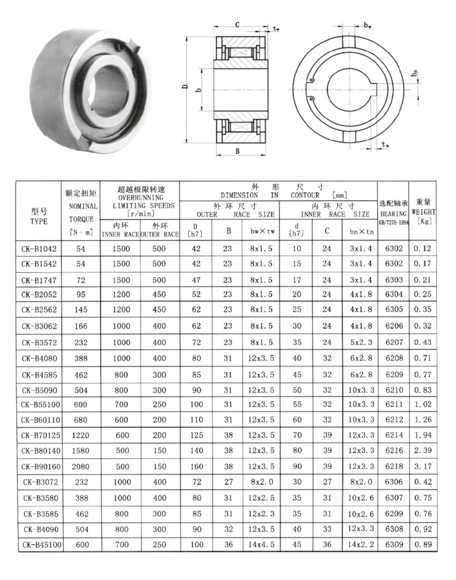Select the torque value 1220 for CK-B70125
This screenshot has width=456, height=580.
(81, 436)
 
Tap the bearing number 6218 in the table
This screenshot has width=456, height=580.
(394, 466)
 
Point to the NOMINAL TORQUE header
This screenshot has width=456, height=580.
(81, 213)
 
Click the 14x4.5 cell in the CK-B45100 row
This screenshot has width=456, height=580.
(262, 545)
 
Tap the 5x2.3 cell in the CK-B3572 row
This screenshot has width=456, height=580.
(362, 343)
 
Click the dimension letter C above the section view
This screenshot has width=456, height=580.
(237, 24)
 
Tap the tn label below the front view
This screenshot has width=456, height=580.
(385, 145)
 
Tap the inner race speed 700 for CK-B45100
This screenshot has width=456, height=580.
(122, 545)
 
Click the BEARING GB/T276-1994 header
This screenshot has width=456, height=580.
(393, 212)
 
